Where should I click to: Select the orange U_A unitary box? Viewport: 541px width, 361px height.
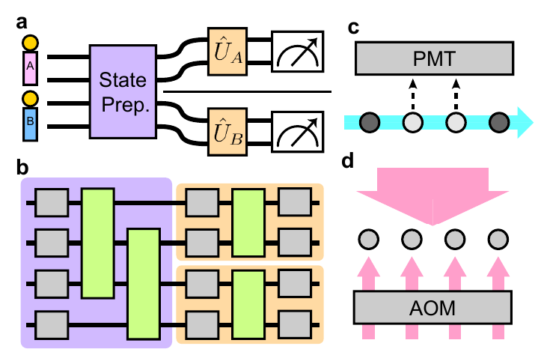pyautogui.click(x=229, y=50)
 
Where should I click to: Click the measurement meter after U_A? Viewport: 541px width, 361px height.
pyautogui.click(x=296, y=50)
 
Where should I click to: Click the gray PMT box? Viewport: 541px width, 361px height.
pyautogui.click(x=434, y=57)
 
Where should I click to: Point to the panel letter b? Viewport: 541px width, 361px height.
pyautogui.click(x=23, y=167)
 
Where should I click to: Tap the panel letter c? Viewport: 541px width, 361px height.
pyautogui.click(x=355, y=28)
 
